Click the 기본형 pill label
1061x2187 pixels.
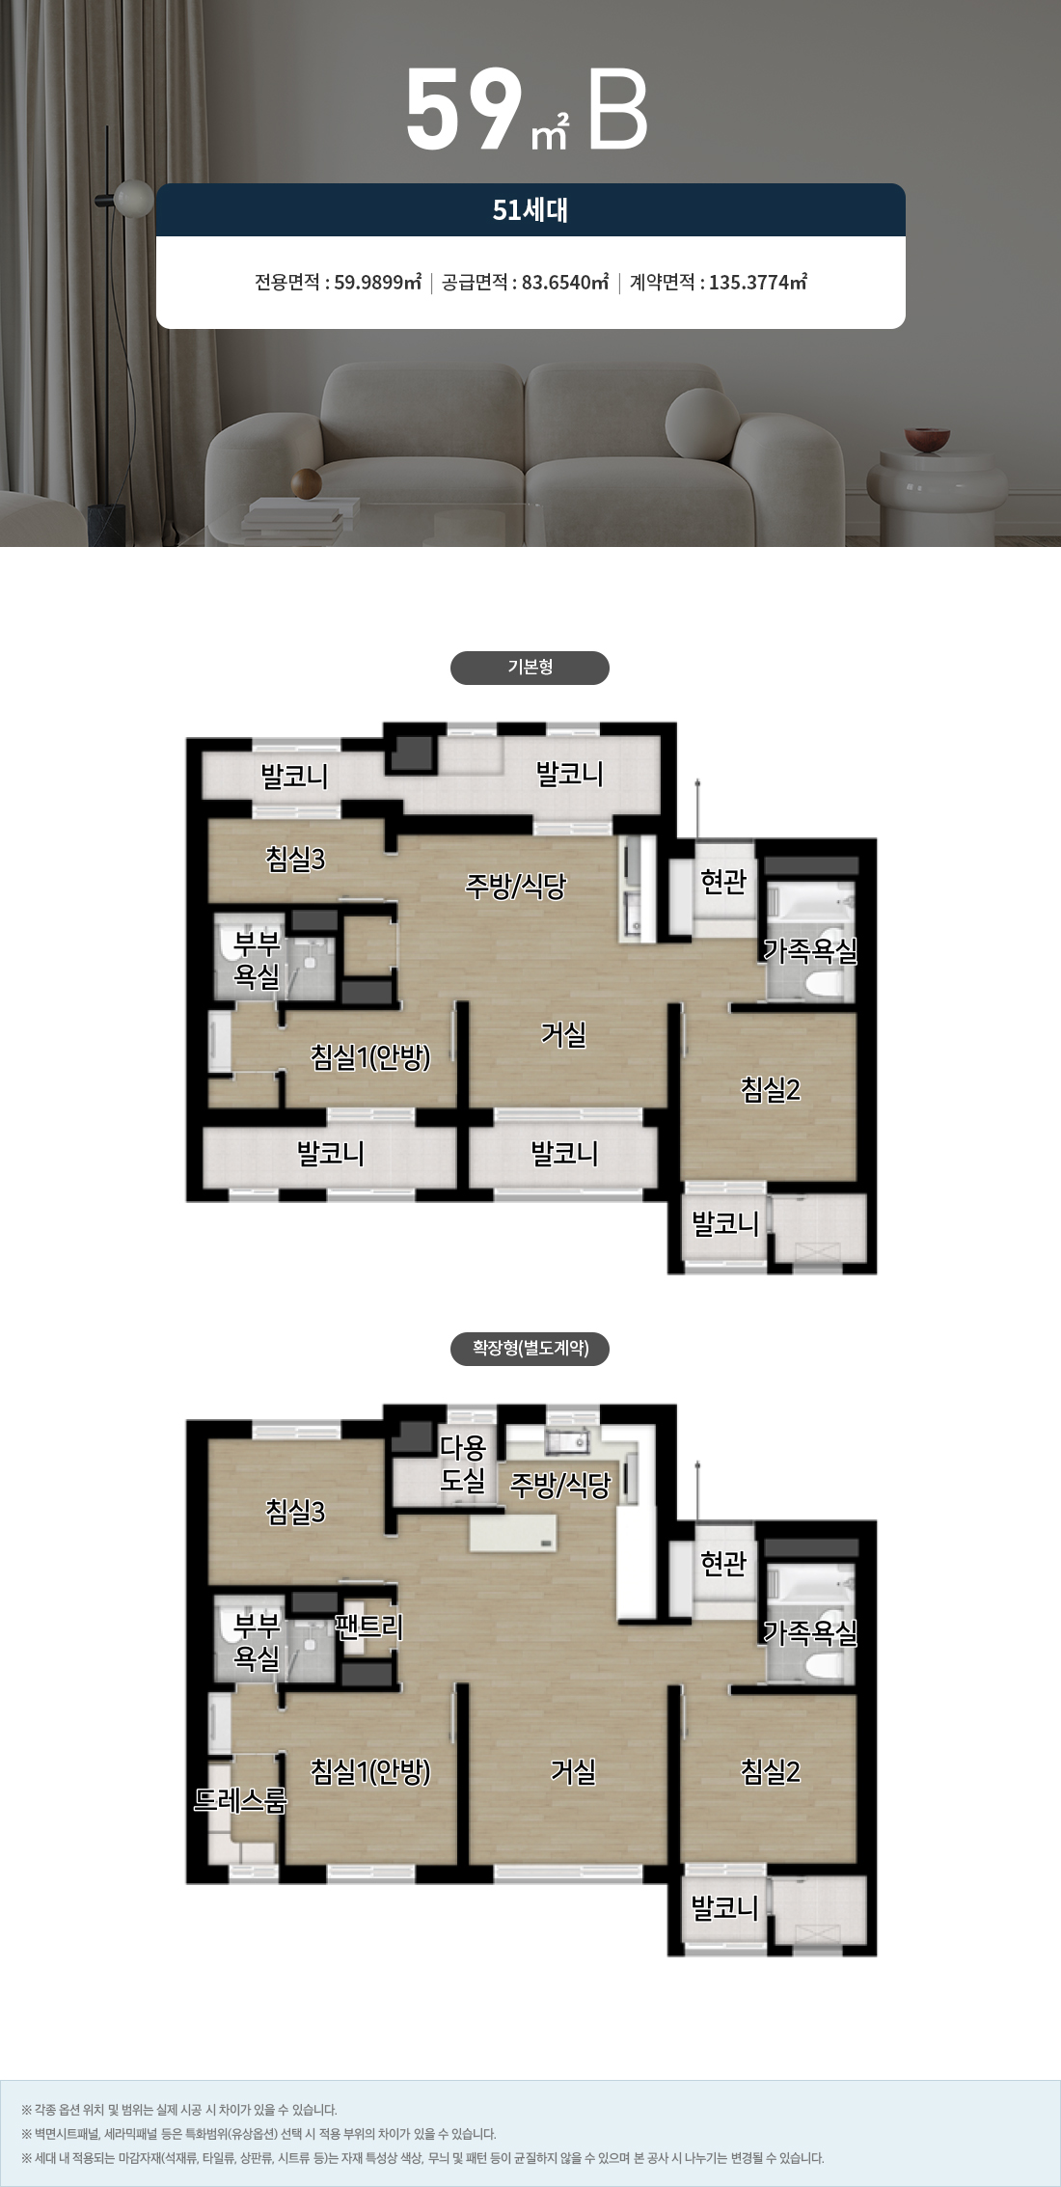pos(530,668)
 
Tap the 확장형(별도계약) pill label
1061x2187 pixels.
pos(530,1348)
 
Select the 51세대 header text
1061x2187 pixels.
pos(530,210)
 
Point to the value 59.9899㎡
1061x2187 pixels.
pos(378,283)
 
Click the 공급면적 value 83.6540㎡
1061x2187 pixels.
pos(565,283)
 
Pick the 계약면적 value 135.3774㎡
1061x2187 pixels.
pos(758,283)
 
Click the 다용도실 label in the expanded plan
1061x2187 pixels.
pos(463,1463)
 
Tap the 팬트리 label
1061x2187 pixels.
pos(369,1627)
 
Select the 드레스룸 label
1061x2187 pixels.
pos(240,1800)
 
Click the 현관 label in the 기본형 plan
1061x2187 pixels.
pos(724,881)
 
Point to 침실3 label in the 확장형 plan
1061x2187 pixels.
pos(296,1512)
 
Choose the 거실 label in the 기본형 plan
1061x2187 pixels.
pos(564,1034)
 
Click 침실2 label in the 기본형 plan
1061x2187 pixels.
pos(771,1089)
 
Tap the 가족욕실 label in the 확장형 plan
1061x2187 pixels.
pos(810,1632)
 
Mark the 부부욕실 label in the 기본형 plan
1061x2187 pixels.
pos(258,960)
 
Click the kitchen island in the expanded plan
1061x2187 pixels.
pos(514,1532)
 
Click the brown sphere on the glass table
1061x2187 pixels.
pos(306,484)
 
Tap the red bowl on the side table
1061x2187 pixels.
pos(927,440)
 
